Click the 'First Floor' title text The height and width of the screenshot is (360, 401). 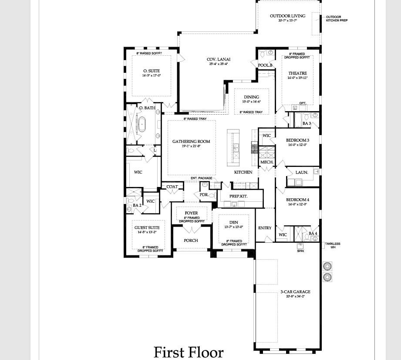click(x=189, y=352)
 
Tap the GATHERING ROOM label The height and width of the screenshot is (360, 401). click(x=191, y=141)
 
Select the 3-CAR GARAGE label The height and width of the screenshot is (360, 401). click(x=295, y=292)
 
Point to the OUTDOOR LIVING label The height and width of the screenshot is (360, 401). click(x=287, y=16)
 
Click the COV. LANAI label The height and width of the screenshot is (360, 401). click(x=218, y=59)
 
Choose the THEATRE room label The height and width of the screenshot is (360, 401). click(x=297, y=73)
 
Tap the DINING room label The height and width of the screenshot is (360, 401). click(x=251, y=97)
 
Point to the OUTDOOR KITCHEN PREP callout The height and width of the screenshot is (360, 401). click(x=337, y=19)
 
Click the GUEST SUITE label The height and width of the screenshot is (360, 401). click(x=147, y=228)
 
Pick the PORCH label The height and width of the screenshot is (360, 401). click(x=191, y=240)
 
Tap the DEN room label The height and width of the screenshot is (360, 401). click(x=234, y=222)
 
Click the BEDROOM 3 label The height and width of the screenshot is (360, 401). click(x=297, y=140)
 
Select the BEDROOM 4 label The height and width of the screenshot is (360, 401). click(x=297, y=199)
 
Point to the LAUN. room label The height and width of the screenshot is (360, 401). click(x=302, y=172)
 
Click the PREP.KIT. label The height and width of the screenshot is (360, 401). click(x=239, y=196)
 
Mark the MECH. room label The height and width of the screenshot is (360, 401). click(x=266, y=162)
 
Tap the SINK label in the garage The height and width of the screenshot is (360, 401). click(x=300, y=251)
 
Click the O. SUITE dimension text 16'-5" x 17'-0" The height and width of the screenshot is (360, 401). click(x=151, y=75)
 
